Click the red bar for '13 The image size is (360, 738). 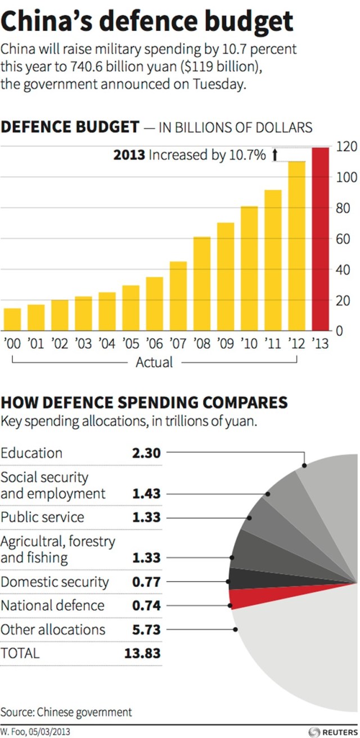pos(321,239)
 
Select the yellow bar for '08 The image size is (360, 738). pos(202,283)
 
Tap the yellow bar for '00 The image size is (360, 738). pos(12,319)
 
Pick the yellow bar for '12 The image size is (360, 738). pos(296,246)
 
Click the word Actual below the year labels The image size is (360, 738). pos(154,362)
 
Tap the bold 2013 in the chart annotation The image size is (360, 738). pos(129,155)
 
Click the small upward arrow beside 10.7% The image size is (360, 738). pos(275,155)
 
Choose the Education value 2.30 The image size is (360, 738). pos(146,453)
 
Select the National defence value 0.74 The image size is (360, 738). pos(146,605)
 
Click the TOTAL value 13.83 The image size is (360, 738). pos(142,653)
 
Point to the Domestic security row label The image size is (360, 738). pos(55,582)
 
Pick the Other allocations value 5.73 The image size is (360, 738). pos(146,629)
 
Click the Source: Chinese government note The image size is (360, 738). pos(66,712)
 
